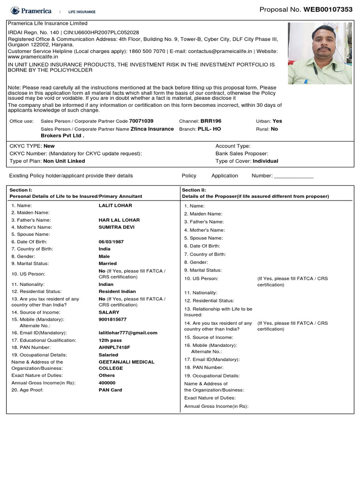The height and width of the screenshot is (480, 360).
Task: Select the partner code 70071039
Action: coord(141,121)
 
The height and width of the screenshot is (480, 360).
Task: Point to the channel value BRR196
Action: coord(211,121)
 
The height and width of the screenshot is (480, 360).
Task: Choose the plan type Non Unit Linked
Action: coord(64,161)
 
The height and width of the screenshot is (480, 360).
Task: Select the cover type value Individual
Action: coord(265,161)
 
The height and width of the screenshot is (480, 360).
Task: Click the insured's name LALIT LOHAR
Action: coord(115,205)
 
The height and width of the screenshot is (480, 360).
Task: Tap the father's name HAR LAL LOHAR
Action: coord(119,220)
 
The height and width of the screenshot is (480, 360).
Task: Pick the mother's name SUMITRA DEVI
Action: coord(116,227)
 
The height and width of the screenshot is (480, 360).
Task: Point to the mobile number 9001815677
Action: coord(112,319)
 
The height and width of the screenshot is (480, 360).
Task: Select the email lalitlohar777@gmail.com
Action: coord(128,333)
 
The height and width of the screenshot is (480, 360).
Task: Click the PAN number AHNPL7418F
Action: coord(114,347)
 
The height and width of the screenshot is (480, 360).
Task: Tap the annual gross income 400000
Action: coord(107,383)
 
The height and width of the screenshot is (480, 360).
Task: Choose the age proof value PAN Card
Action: coord(110,390)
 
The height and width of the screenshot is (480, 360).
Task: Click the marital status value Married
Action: coord(108,263)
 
